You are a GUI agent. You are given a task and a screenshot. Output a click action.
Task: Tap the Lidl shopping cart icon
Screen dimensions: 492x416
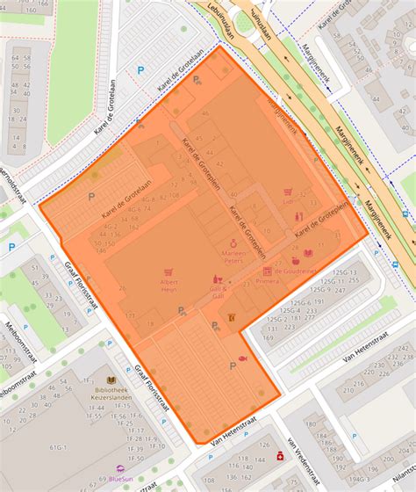(286, 191)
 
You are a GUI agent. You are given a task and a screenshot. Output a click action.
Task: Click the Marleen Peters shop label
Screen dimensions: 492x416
(235, 257)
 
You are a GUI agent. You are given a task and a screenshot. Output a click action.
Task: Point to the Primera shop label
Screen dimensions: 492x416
(267, 281)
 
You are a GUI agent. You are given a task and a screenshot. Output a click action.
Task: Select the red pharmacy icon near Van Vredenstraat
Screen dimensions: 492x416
(280, 456)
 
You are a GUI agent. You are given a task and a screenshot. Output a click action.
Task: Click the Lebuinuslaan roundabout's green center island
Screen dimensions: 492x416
(247, 22)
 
